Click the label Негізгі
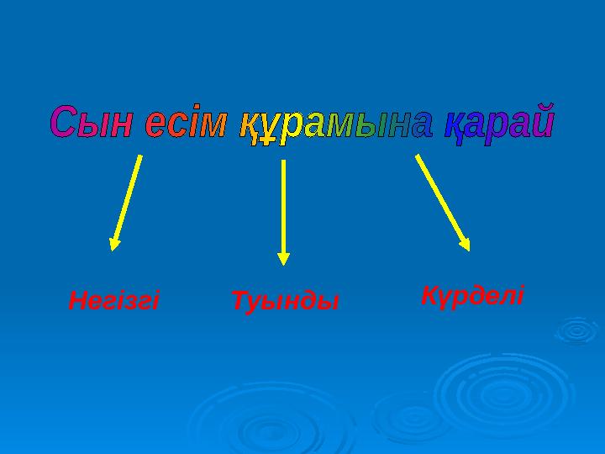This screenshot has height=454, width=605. tap(113, 299)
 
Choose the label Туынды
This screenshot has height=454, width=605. tap(284, 299)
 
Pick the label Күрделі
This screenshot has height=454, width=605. tap(471, 295)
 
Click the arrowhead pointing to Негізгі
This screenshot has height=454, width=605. tap(114, 243)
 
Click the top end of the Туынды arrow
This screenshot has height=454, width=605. tap(284, 162)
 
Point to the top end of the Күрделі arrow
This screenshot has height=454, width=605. tap(418, 156)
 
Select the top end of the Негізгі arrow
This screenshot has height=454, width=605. tap(139, 156)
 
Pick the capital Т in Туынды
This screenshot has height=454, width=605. tap(238, 299)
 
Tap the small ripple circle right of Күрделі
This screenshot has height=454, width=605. tap(576, 330)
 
